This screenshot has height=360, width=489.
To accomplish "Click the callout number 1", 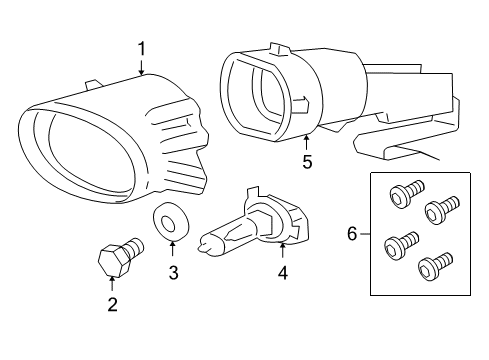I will click(x=142, y=47).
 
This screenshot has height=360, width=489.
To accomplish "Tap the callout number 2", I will click(x=112, y=304).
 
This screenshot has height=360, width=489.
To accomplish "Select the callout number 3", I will click(x=173, y=271).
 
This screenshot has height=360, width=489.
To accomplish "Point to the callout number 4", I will click(x=283, y=271).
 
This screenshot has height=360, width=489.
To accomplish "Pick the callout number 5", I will click(x=307, y=161).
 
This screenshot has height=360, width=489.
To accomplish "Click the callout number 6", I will click(x=351, y=233).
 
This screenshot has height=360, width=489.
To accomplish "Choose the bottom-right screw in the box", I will click(x=433, y=268).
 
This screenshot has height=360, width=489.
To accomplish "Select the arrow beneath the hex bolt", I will click(x=112, y=283).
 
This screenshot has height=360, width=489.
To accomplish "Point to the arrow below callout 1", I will click(x=142, y=67).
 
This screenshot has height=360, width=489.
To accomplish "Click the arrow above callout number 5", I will click(x=307, y=141).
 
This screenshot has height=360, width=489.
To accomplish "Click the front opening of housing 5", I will click(x=257, y=95).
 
